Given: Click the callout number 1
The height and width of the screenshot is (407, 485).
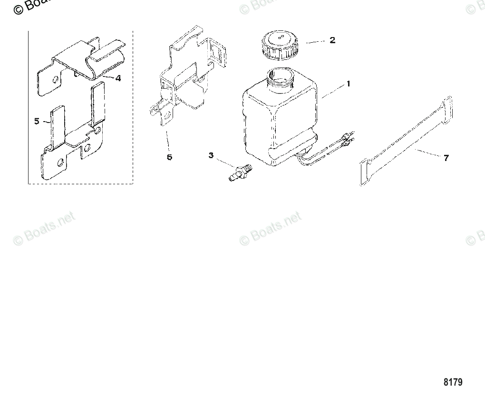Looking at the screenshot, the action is click(348, 84).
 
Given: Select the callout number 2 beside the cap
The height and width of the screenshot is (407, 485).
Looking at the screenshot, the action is click(332, 40).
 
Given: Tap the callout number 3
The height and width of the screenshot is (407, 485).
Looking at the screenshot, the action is click(211, 155).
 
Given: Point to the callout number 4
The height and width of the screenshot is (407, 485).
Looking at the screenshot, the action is click(118, 78).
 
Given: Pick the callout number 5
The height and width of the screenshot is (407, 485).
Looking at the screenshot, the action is click(37, 121).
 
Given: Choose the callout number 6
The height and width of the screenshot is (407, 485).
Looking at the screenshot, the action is click(169, 157).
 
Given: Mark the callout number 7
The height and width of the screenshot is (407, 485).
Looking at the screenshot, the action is click(446, 158).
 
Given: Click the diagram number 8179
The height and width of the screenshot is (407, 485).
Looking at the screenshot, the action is click(453, 382).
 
